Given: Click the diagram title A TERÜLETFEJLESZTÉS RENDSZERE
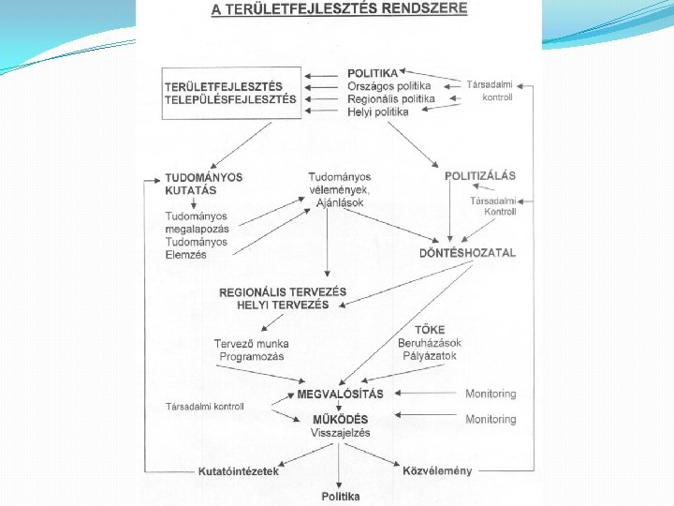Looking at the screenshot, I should [x=339, y=10].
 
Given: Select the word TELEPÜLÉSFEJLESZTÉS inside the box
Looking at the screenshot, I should [x=230, y=99].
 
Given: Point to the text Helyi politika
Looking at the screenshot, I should [x=378, y=112].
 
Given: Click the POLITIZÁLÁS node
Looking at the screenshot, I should [x=479, y=176].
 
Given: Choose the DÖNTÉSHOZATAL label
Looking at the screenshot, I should [x=467, y=253].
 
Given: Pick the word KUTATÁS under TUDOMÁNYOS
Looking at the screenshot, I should [x=191, y=190].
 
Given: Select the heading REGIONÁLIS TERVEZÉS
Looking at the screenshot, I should [x=283, y=292].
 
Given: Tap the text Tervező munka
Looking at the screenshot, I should [x=252, y=344].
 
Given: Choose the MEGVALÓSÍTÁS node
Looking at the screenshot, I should [x=340, y=394].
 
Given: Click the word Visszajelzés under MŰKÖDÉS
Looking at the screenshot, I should [x=340, y=433].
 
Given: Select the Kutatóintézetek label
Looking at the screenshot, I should [x=238, y=471].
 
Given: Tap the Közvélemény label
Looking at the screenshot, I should [x=436, y=470].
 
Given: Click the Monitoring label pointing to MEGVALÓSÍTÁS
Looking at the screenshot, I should [x=491, y=394].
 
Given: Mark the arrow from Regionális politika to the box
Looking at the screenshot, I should [x=324, y=98].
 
